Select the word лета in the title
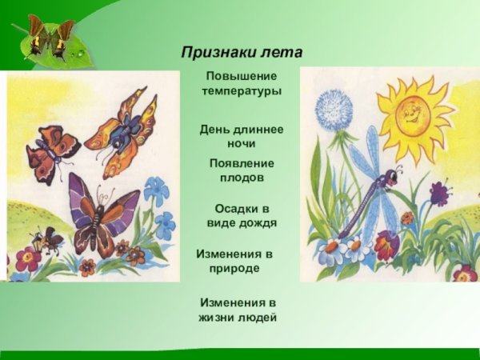pos(282,52)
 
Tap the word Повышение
pos(241,76)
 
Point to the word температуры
pos(242,91)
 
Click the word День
pos(217,129)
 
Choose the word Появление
pos(242,162)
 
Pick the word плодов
pos(242,178)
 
